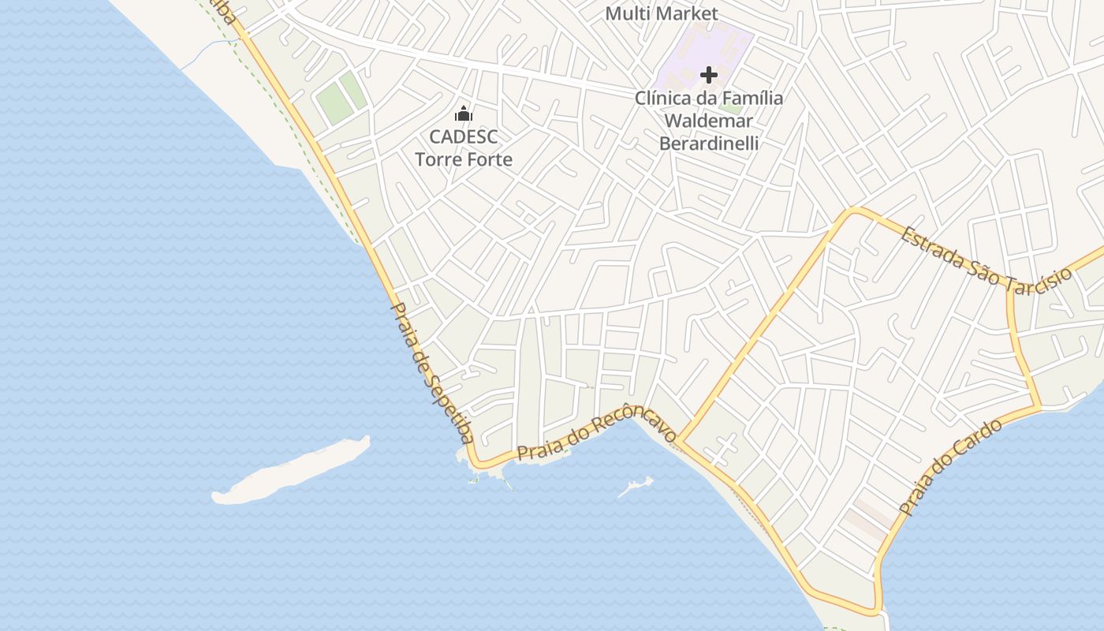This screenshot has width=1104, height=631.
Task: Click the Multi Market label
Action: click(662, 13)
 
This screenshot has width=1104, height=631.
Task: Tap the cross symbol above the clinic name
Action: click(709, 76)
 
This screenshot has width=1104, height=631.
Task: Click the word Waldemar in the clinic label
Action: click(708, 121)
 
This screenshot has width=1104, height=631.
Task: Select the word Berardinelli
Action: click(708, 144)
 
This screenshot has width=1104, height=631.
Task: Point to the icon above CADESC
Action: click(464, 114)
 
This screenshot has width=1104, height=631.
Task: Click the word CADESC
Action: click(464, 136)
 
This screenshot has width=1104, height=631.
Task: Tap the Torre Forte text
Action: click(464, 159)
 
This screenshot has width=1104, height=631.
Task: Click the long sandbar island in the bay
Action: click(292, 471)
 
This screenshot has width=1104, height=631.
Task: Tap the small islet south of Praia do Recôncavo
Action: click(636, 487)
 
